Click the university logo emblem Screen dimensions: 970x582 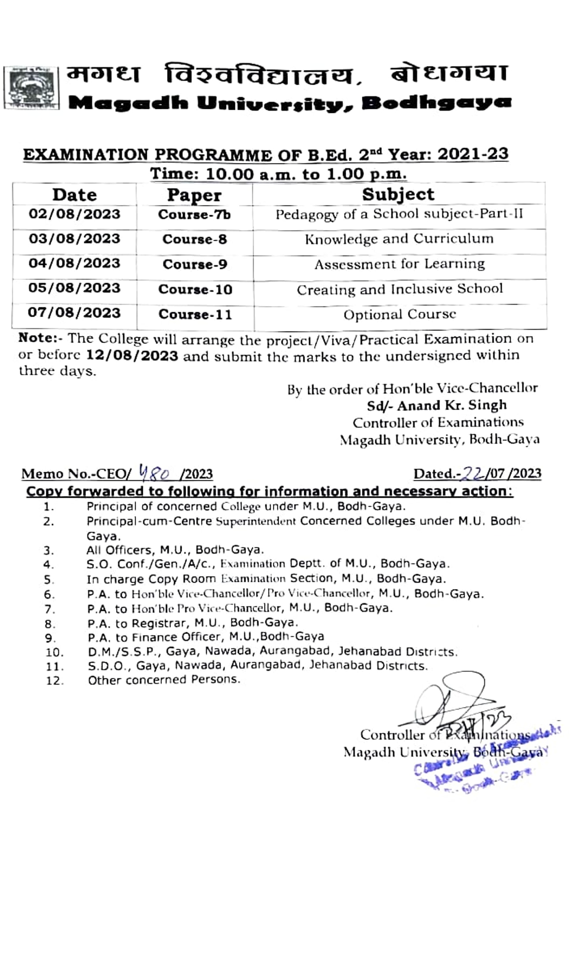[x=31, y=88]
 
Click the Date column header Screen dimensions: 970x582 [x=74, y=195]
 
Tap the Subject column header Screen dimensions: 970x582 [x=398, y=194]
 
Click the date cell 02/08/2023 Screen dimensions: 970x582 [x=74, y=214]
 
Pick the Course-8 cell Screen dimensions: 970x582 [x=194, y=239]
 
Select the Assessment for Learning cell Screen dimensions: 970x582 [x=399, y=264]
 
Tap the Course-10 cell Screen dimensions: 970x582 [x=195, y=290]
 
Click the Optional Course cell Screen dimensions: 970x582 [x=399, y=315]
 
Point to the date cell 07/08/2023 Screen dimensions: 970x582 [x=74, y=313]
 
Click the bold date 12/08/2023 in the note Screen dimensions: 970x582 [x=132, y=356]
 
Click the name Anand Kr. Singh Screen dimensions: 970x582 [x=452, y=405]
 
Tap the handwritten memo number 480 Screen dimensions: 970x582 [x=155, y=473]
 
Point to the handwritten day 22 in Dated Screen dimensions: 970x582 [x=471, y=474]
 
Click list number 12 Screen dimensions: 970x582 [x=55, y=681]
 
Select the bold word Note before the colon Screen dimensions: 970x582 [x=35, y=338]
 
